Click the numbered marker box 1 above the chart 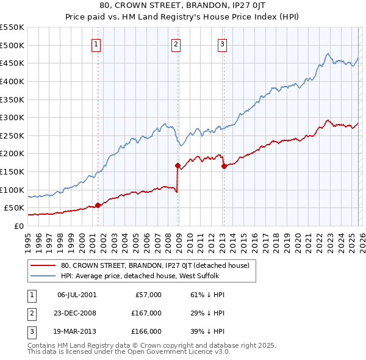pyautogui.click(x=97, y=44)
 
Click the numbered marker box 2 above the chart pyautogui.click(x=176, y=44)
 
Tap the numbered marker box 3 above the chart pyautogui.click(x=223, y=44)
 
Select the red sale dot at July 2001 pyautogui.click(x=98, y=205)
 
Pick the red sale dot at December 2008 pyautogui.click(x=178, y=165)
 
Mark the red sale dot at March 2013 pyautogui.click(x=224, y=165)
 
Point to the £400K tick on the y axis pyautogui.click(x=12, y=81)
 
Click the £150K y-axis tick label pyautogui.click(x=12, y=171)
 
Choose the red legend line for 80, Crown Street pyautogui.click(x=43, y=265)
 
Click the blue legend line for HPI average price pyautogui.click(x=43, y=276)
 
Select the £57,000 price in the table pyautogui.click(x=148, y=295)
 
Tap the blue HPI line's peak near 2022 pyautogui.click(x=328, y=54)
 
